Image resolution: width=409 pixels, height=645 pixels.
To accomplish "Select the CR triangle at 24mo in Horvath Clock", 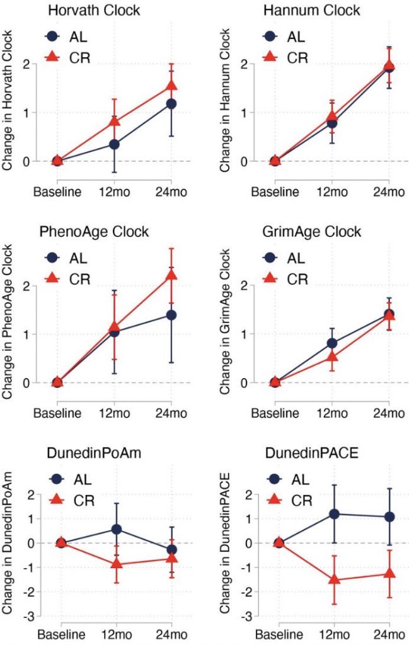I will point(171,86).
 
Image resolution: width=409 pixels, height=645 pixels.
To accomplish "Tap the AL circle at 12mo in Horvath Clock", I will point(114,144).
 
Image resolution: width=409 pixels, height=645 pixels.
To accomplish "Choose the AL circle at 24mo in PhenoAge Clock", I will point(171,314).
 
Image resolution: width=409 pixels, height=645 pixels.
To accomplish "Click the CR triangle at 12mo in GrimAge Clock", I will point(331,358).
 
